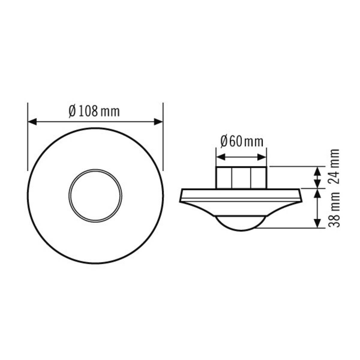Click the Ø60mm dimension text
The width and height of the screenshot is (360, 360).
(241, 141)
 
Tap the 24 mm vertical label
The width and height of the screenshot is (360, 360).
(334, 167)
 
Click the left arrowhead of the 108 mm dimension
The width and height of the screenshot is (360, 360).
(32, 122)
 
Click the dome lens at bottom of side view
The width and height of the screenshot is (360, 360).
(241, 224)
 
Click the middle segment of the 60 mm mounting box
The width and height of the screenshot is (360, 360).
(241, 178)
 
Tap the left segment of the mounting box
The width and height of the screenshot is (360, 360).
(224, 178)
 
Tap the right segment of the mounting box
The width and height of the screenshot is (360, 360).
(258, 178)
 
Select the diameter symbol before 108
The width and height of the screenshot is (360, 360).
(72, 112)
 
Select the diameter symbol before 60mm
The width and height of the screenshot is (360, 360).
(224, 141)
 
